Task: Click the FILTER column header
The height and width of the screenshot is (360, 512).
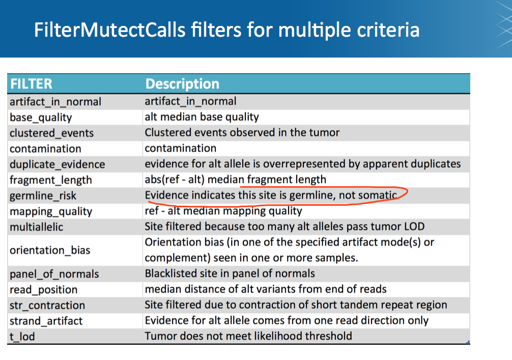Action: coord(32,84)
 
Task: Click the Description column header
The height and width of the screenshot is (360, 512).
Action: coord(182,84)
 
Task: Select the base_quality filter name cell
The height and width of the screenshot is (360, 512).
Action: coord(41,118)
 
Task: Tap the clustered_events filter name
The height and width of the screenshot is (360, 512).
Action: coord(51,133)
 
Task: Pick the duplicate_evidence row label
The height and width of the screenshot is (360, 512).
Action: coord(58,164)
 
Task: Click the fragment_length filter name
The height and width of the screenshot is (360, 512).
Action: coord(50,180)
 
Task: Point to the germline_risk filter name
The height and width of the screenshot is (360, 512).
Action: coord(43,196)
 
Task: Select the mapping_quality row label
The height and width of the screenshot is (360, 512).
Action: coord(51,212)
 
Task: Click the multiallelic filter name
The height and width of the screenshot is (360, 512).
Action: coord(37,227)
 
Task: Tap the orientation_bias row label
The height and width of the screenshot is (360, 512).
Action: coord(50,251)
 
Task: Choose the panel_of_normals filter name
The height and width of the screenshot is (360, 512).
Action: coord(54,274)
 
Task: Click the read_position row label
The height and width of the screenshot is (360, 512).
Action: coord(44,290)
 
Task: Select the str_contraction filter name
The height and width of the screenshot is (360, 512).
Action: coord(47,306)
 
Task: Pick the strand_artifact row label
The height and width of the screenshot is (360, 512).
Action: coord(46,321)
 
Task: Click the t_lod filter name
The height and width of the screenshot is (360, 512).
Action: coord(22,337)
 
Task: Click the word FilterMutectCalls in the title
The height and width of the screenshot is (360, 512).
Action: coord(110,30)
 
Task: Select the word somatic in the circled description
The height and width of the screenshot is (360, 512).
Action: coord(378,196)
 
